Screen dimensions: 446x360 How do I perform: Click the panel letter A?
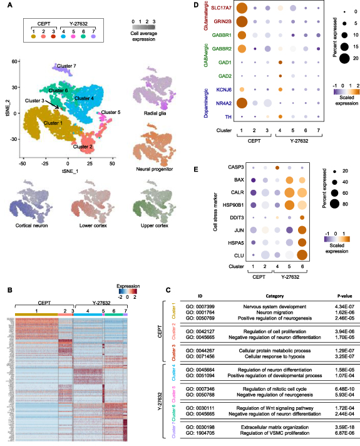click(8, 7)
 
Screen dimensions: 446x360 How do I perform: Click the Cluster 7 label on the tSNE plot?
click(66, 65)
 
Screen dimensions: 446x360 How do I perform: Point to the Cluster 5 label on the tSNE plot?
click(110, 112)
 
